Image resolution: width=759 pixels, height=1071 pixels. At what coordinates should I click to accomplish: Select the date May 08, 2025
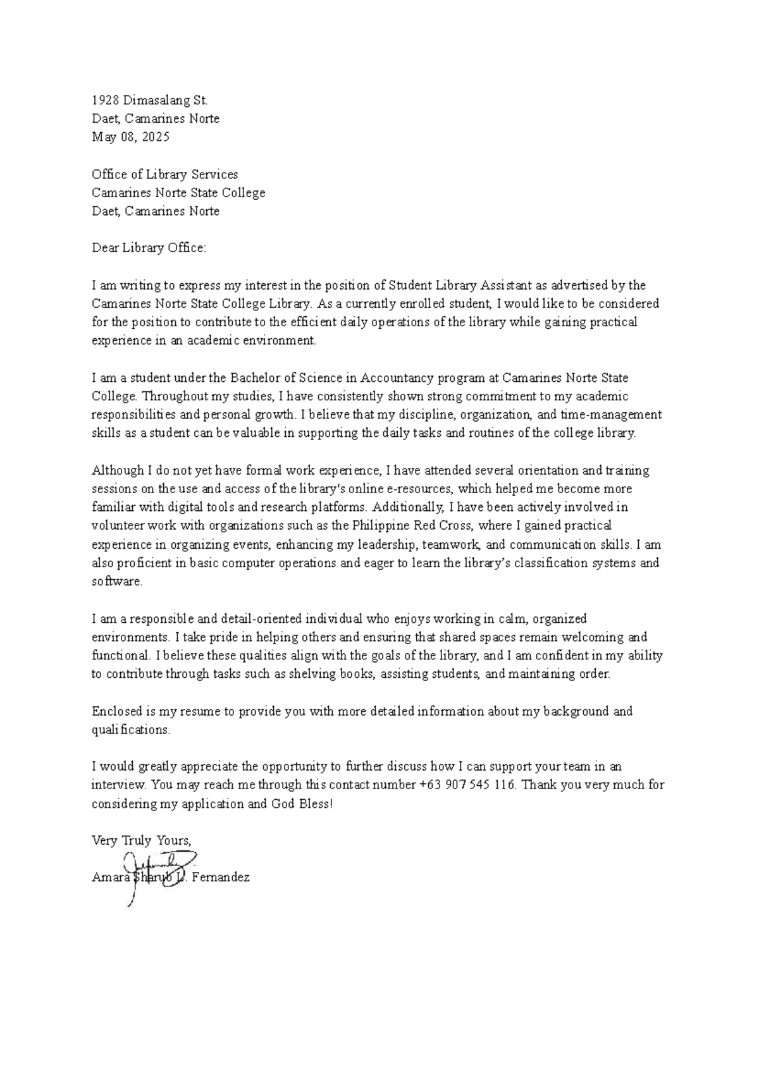(131, 137)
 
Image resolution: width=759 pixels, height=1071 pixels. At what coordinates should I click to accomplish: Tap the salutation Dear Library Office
(149, 248)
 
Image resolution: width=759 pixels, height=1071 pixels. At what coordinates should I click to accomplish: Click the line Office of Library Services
(164, 174)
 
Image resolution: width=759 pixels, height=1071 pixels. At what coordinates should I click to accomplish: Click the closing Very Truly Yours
(141, 841)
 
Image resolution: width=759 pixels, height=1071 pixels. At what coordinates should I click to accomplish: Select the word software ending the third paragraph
(117, 582)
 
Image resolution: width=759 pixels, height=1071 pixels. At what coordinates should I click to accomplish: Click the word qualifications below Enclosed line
(131, 730)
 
